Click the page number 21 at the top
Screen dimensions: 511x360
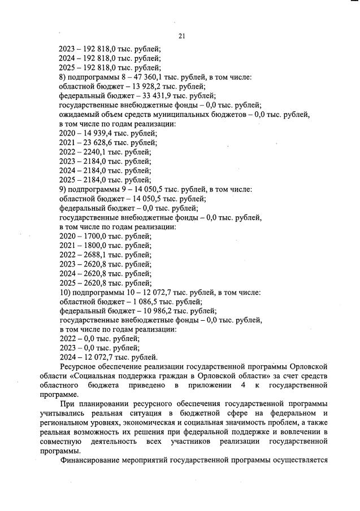[181, 36]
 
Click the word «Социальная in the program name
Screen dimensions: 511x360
[110, 376]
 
